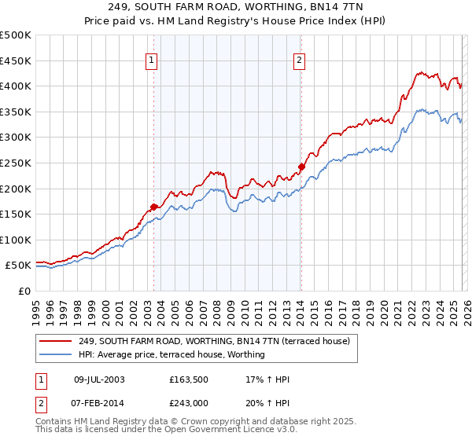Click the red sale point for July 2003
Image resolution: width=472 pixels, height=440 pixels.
(153, 207)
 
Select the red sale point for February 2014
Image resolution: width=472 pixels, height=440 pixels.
(301, 167)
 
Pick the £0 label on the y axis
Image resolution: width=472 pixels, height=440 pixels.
(24, 291)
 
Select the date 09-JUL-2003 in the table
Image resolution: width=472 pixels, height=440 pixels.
(99, 379)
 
